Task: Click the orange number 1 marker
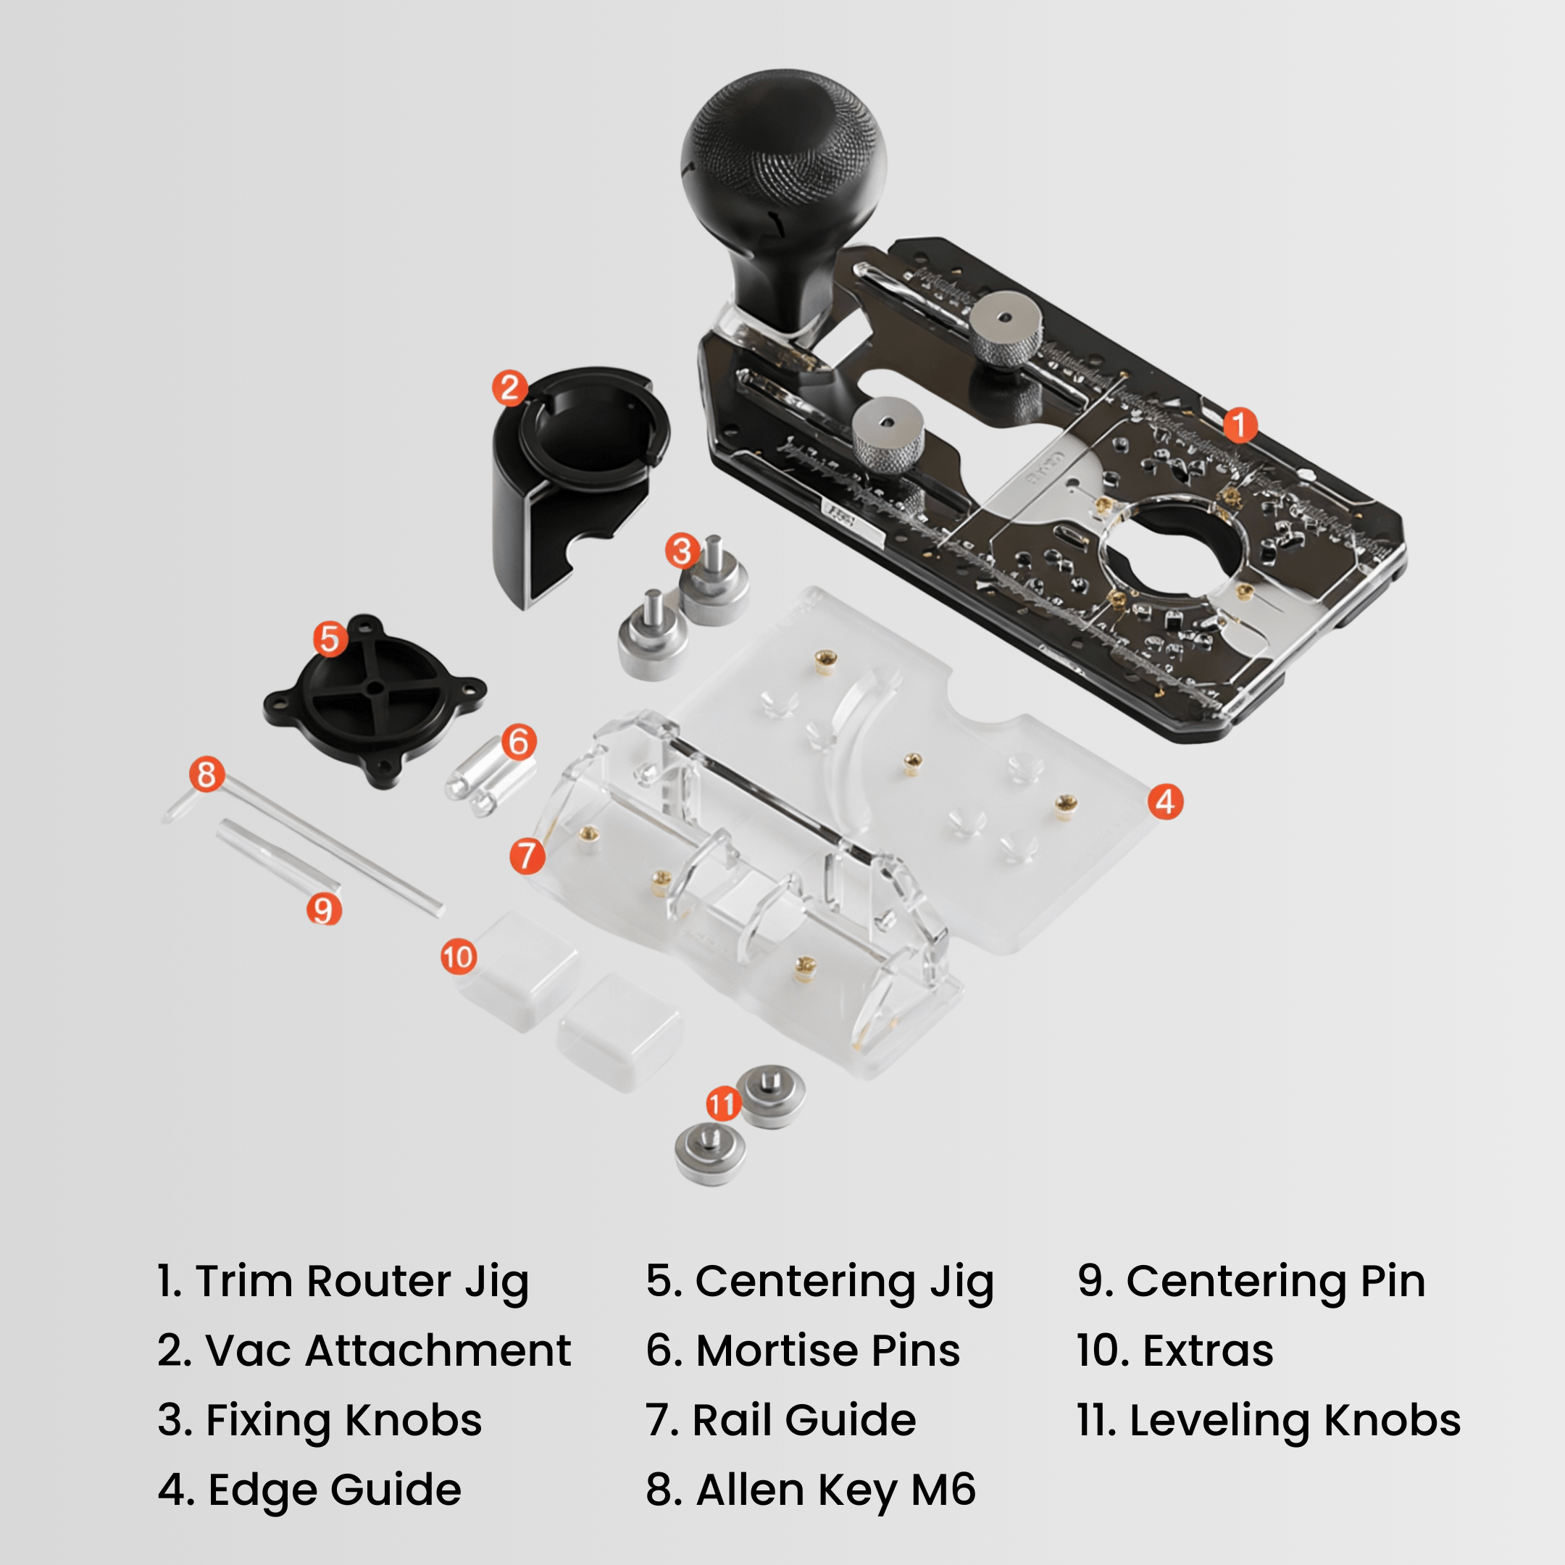click(x=1238, y=425)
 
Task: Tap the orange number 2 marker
click(x=509, y=388)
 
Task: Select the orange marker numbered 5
click(x=330, y=639)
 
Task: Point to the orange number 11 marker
click(x=722, y=1103)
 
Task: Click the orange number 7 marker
click(x=527, y=856)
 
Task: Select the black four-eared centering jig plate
click(x=375, y=699)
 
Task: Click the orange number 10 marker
click(x=458, y=956)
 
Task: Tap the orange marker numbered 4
click(x=1165, y=802)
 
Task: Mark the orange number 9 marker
click(x=323, y=910)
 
